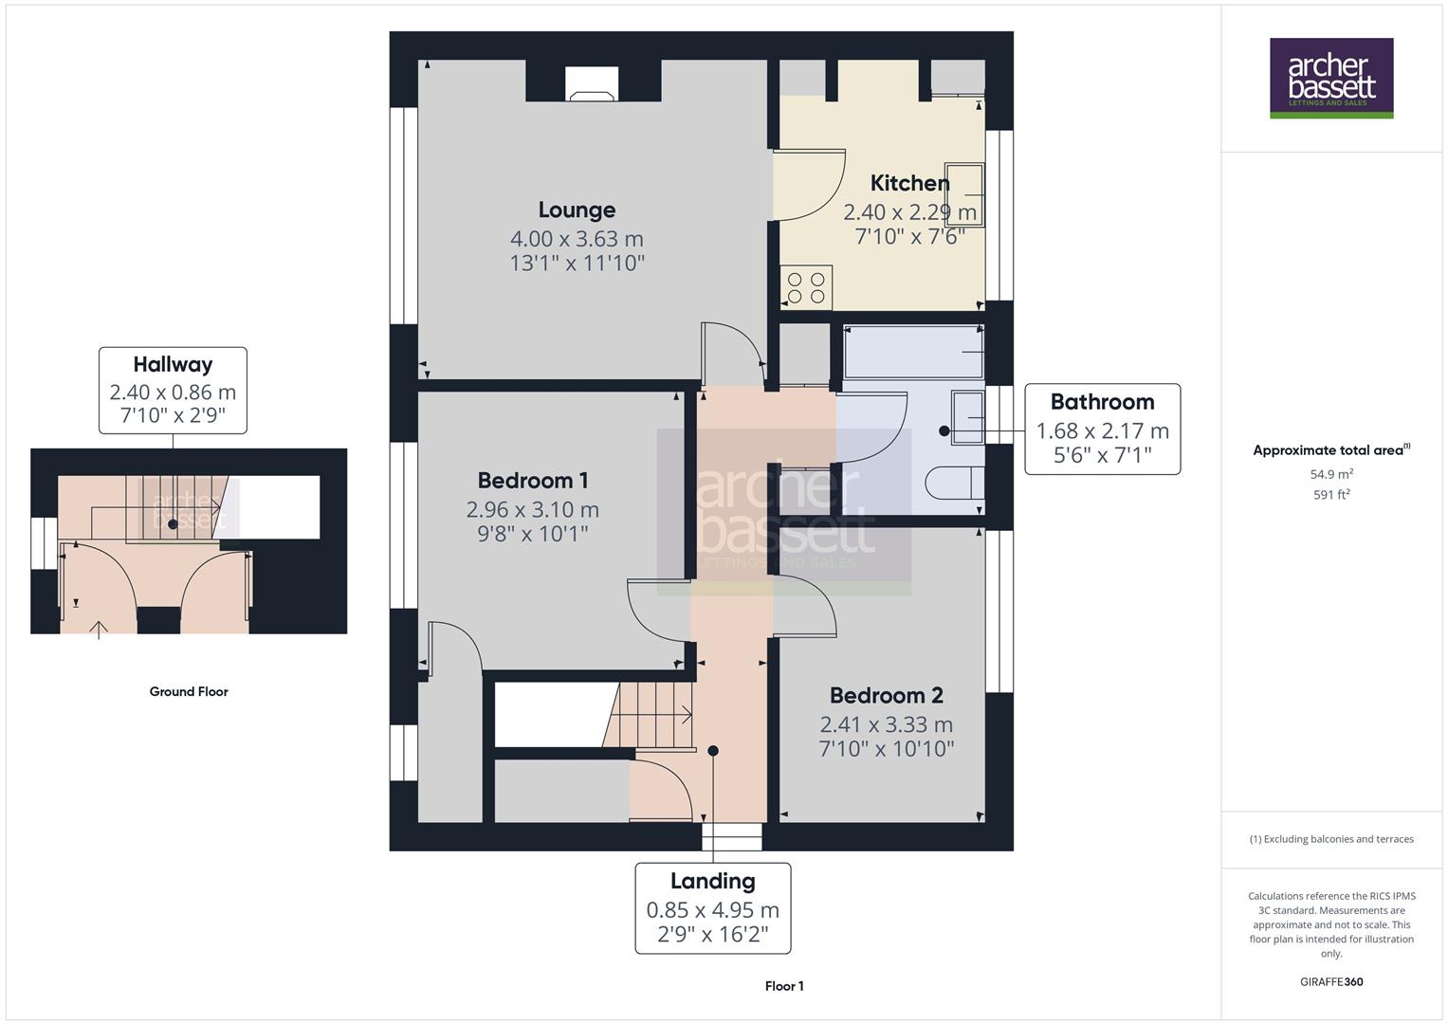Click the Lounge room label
[577, 210]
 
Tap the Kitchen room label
[909, 183]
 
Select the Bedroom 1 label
[532, 481]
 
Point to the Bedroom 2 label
[886, 696]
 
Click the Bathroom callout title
[1102, 402]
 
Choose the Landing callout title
[712, 881]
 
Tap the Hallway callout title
[173, 364]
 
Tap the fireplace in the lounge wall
[592, 83]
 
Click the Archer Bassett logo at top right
[1331, 78]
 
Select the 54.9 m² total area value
[1331, 474]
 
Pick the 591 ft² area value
[1331, 495]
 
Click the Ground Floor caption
[189, 692]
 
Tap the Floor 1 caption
[784, 986]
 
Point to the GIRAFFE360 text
[1331, 981]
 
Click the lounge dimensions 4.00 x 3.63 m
[577, 239]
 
